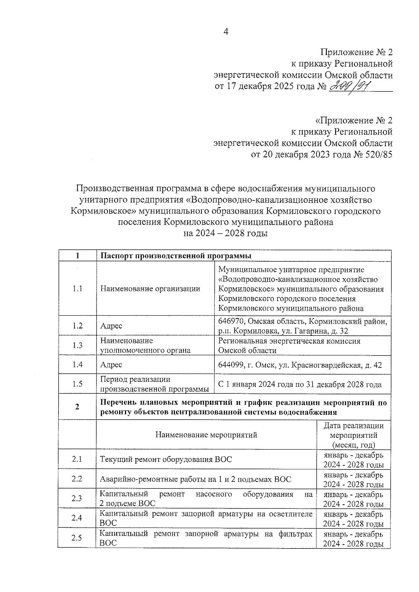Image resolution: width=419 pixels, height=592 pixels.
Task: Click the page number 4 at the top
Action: [x=226, y=32]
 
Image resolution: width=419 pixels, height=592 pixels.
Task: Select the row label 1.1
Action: [x=77, y=288]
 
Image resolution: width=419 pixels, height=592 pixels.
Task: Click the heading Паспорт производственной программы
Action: [x=176, y=256]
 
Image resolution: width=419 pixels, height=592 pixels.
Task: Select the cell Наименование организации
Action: [x=150, y=288]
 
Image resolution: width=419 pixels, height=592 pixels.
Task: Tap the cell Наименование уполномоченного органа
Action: [x=145, y=345]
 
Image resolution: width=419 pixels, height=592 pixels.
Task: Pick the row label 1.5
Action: [x=77, y=384]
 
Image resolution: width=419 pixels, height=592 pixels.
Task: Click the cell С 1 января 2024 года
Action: [x=300, y=384]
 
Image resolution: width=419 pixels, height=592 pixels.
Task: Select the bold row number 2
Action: [x=77, y=407]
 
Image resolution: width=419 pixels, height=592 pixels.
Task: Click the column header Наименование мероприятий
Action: [x=206, y=435]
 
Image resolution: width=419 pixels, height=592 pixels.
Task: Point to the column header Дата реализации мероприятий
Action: [x=353, y=435]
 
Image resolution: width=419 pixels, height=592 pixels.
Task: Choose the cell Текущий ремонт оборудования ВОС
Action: [x=166, y=459]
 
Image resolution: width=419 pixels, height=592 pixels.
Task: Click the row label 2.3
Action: [x=76, y=498]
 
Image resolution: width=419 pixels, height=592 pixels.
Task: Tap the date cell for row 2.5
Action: [x=353, y=539]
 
